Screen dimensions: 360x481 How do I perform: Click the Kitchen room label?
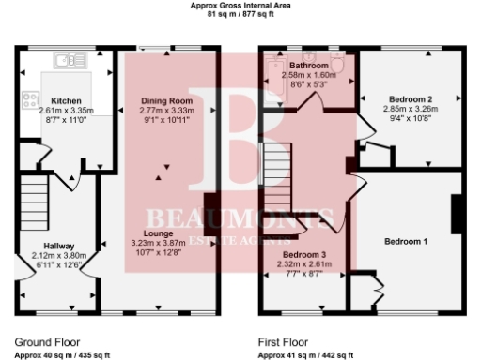click(x=66, y=100)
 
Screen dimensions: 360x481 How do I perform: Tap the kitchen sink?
click(x=68, y=61)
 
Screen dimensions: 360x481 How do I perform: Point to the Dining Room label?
click(x=166, y=100)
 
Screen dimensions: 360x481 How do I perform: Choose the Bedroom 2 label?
click(x=410, y=98)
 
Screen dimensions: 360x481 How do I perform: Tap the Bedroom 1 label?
click(x=406, y=241)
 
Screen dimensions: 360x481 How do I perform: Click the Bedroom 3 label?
click(x=305, y=255)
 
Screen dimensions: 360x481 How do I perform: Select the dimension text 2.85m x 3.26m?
click(x=410, y=109)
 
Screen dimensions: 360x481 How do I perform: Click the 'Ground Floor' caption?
click(x=47, y=343)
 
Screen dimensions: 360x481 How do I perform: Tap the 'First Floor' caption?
click(x=283, y=343)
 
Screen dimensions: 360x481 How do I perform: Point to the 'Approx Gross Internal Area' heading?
click(x=240, y=6)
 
